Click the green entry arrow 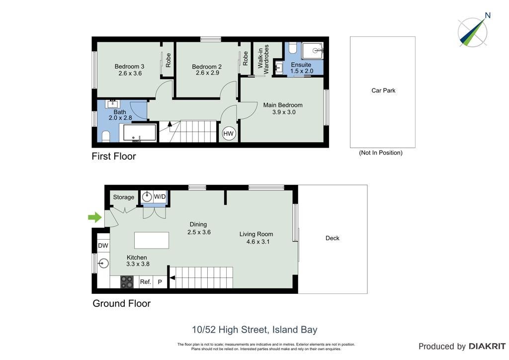pyautogui.click(x=95, y=217)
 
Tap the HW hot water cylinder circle pyautogui.click(x=228, y=133)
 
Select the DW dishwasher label pyautogui.click(x=103, y=246)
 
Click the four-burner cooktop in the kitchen pyautogui.click(x=127, y=282)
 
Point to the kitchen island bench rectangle pyautogui.click(x=152, y=240)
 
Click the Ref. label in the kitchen pyautogui.click(x=146, y=282)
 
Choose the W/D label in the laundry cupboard pyautogui.click(x=160, y=197)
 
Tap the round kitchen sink pyautogui.click(x=103, y=263)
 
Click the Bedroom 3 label pyautogui.click(x=129, y=66)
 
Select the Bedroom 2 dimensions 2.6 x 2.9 pyautogui.click(x=207, y=73)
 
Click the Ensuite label pyautogui.click(x=301, y=65)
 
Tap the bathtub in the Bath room pyautogui.click(x=140, y=132)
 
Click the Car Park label pyautogui.click(x=383, y=90)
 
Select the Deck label pyautogui.click(x=333, y=238)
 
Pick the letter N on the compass pyautogui.click(x=487, y=15)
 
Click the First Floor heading pyautogui.click(x=114, y=156)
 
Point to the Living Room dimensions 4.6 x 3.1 pyautogui.click(x=258, y=242)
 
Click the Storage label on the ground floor pyautogui.click(x=123, y=197)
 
